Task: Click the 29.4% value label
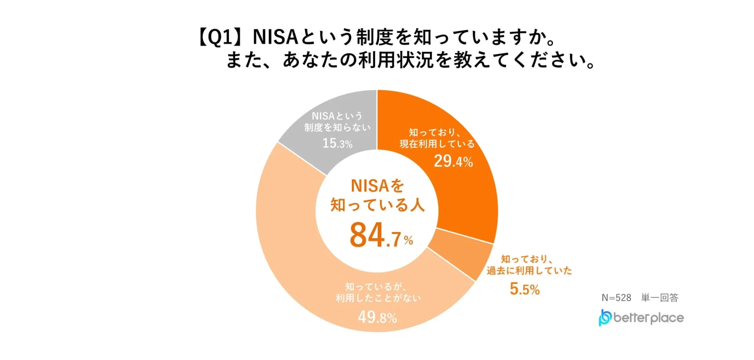click(x=453, y=161)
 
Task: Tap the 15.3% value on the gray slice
click(x=337, y=143)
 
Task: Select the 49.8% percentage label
click(x=377, y=317)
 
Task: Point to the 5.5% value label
click(x=525, y=289)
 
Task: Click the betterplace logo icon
click(x=605, y=318)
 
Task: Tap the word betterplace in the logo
click(x=648, y=318)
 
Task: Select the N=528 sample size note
click(x=616, y=298)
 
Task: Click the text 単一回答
click(x=660, y=298)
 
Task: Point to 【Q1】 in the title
click(x=221, y=37)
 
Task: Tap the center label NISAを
click(x=377, y=186)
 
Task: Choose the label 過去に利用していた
click(x=529, y=270)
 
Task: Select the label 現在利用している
click(x=437, y=144)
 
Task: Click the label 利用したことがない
click(x=378, y=298)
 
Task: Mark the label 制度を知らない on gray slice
click(x=337, y=128)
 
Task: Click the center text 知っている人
click(x=377, y=205)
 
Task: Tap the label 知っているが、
click(x=375, y=287)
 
